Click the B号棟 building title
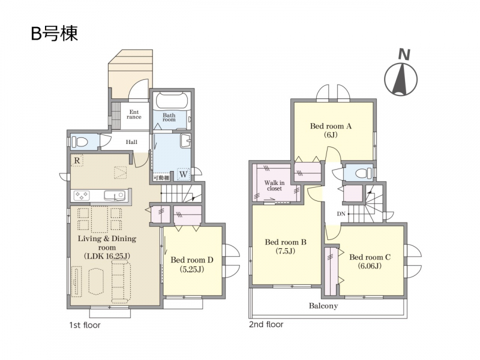coord(54,34)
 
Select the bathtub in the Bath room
coord(172,100)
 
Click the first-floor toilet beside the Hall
coord(80,142)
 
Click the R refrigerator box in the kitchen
coord(77,160)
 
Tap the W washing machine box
coord(184,175)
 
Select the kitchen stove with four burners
coord(82,195)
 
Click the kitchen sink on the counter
coord(114,196)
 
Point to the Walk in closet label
coord(274,185)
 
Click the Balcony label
coord(323,306)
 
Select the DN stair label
coord(341,214)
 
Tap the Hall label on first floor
coord(131,142)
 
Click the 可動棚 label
coord(161,178)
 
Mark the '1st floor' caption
coord(85,325)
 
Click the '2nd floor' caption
coord(266,325)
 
